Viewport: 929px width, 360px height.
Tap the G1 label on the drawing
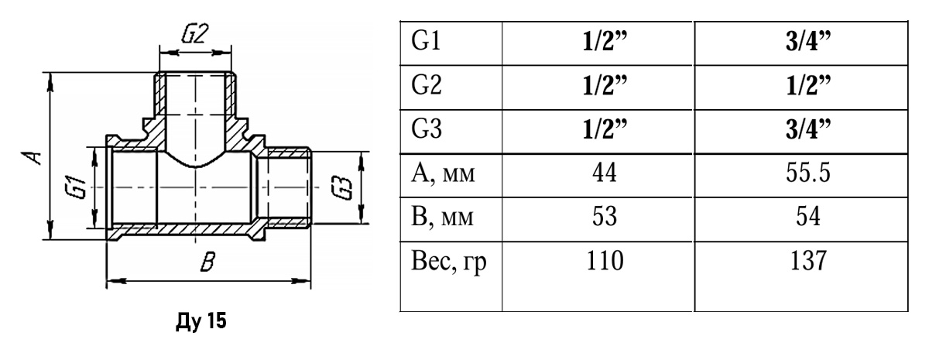click(75, 188)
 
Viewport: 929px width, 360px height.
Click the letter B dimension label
click(206, 262)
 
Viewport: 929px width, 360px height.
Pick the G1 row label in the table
click(427, 42)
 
